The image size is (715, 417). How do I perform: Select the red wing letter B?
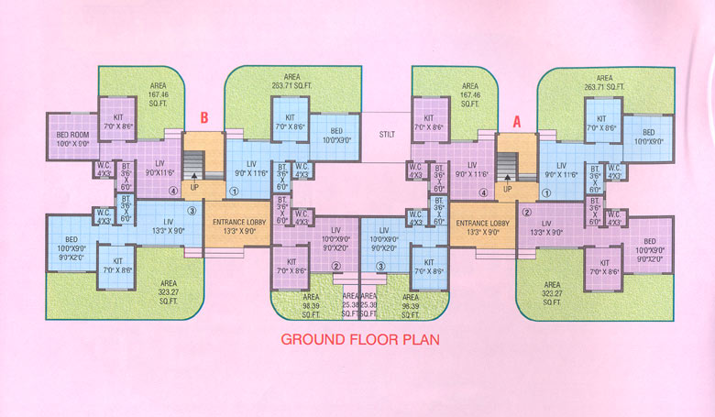205,118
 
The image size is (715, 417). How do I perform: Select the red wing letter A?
516,118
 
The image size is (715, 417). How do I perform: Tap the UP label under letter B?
194,187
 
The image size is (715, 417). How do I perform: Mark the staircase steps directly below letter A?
505,167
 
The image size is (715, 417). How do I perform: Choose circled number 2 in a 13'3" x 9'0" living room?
527,213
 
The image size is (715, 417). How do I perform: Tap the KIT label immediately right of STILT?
429,123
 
